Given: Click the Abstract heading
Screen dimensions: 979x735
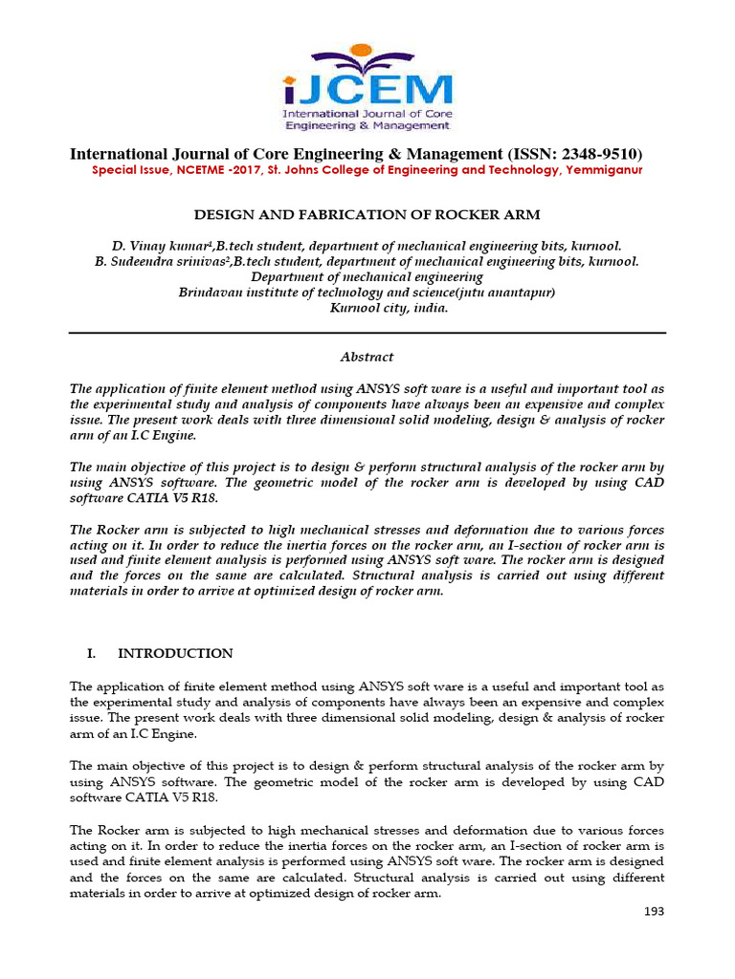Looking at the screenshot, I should (x=367, y=357).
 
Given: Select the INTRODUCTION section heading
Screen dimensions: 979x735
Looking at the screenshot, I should (x=175, y=654).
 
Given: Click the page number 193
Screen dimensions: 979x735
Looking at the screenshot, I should (x=654, y=912).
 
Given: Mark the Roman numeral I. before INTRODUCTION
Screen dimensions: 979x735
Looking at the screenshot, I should (x=92, y=654).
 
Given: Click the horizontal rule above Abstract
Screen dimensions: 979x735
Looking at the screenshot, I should (x=367, y=333).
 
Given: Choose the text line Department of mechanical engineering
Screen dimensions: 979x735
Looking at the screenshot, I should (x=367, y=276).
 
